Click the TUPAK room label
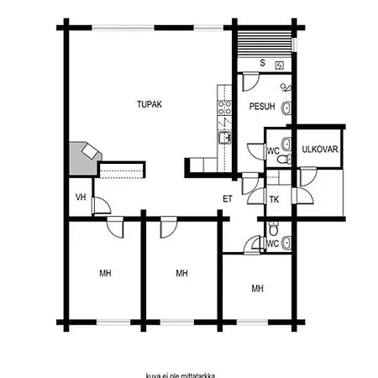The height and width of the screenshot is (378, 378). [150, 104]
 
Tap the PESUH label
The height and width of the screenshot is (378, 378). [262, 107]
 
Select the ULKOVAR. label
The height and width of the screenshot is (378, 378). [321, 150]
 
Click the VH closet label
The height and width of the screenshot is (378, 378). [81, 197]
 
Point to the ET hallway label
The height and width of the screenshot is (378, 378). [228, 199]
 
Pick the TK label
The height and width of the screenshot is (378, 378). [274, 200]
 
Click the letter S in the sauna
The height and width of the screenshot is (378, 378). [262, 63]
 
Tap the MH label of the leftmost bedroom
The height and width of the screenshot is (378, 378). [105, 273]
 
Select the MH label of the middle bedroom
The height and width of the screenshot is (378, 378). [181, 273]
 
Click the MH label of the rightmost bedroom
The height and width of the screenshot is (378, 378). [258, 288]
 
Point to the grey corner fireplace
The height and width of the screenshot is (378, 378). [84, 158]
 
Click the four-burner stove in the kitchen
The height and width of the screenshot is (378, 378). [224, 108]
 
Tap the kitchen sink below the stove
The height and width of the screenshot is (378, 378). [224, 138]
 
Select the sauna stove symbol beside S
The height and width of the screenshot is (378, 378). [280, 66]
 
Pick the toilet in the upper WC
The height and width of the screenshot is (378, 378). [284, 160]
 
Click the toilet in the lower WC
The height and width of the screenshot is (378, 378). [273, 228]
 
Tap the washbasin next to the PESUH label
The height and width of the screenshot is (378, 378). [286, 108]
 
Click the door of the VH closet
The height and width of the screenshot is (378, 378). [102, 206]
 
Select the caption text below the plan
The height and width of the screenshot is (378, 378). [181, 375]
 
